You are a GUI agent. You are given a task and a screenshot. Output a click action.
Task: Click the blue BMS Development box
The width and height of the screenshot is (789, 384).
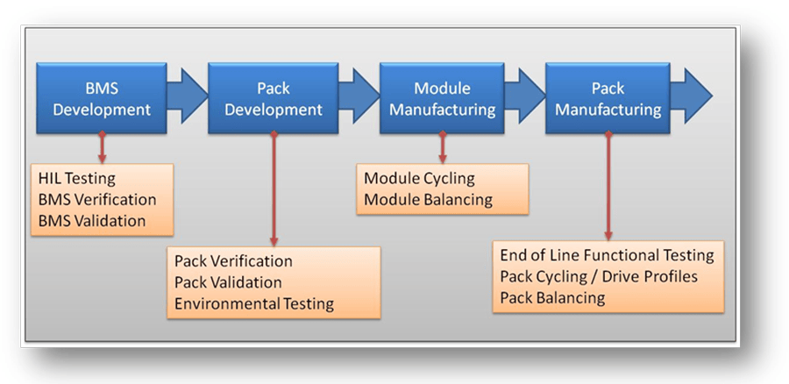click(x=102, y=98)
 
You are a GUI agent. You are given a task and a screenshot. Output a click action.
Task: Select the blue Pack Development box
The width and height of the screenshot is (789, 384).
click(x=274, y=98)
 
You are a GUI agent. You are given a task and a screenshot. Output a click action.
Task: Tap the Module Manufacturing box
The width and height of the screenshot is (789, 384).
click(x=442, y=98)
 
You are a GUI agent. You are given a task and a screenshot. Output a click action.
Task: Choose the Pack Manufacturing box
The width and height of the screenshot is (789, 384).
click(x=608, y=98)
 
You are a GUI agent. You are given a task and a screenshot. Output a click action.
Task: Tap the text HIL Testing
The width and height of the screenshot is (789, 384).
click(x=76, y=178)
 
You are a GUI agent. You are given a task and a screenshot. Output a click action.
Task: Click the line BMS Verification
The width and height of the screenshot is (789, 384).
click(x=97, y=200)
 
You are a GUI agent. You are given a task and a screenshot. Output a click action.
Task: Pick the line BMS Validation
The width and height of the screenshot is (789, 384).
click(x=92, y=221)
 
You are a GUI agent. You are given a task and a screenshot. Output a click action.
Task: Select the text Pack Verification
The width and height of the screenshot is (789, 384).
click(x=233, y=261)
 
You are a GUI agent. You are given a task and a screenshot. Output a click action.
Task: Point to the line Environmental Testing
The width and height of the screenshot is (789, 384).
click(x=254, y=304)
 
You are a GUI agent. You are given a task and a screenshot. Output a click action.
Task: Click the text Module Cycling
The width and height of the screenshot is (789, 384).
click(x=419, y=179)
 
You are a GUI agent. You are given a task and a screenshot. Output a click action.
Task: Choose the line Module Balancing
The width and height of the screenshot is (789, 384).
click(x=428, y=200)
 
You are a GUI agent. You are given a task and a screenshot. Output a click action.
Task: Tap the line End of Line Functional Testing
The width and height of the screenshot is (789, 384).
click(x=607, y=256)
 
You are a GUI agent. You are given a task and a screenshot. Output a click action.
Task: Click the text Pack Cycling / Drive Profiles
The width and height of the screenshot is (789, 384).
click(x=599, y=277)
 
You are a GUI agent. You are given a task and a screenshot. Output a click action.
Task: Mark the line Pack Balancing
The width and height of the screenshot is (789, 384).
click(x=552, y=298)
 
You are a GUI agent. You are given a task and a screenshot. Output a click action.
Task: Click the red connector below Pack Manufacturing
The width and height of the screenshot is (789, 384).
click(x=608, y=186)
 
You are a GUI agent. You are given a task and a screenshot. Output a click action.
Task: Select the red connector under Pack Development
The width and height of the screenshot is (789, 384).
click(x=274, y=188)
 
